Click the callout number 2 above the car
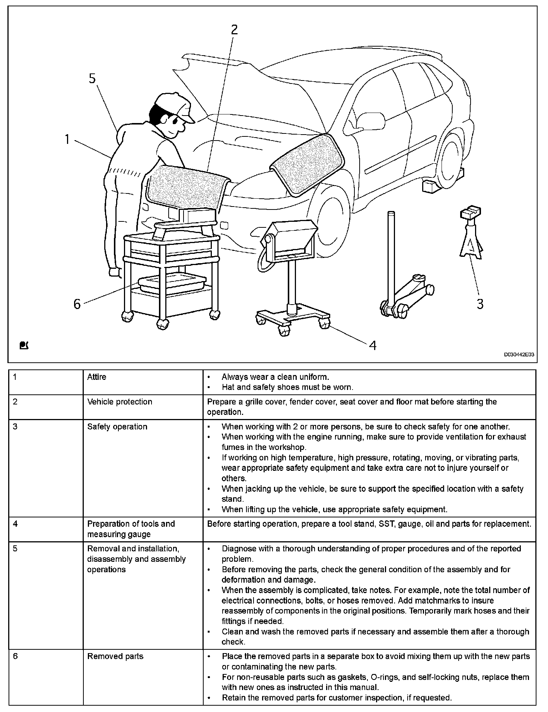pyautogui.click(x=234, y=29)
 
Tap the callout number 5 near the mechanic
pyautogui.click(x=92, y=79)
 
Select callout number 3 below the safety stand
pyautogui.click(x=480, y=304)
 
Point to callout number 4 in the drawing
pyautogui.click(x=373, y=346)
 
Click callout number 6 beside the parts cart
pyautogui.click(x=77, y=304)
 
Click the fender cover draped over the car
pyautogui.click(x=308, y=164)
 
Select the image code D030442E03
pyautogui.click(x=519, y=355)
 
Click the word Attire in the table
pyautogui.click(x=97, y=377)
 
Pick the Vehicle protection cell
pyautogui.click(x=120, y=401)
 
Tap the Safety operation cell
pyautogui.click(x=117, y=426)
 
